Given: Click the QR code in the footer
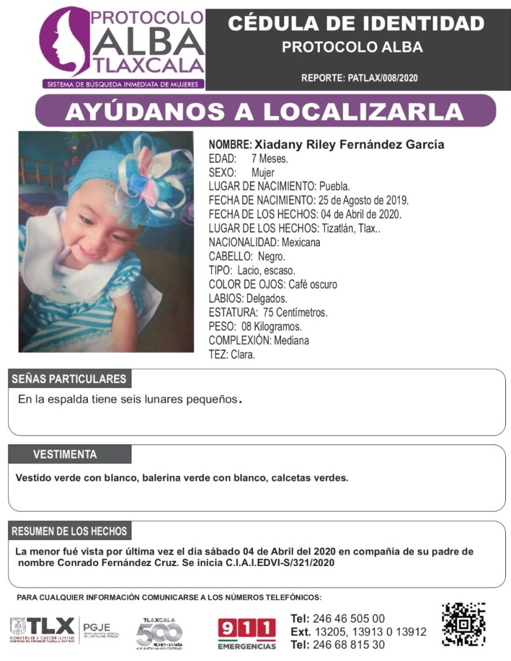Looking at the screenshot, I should pos(463,624).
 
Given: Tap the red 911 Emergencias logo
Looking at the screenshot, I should pos(246,633).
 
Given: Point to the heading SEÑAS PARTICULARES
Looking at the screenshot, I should pos(69,379).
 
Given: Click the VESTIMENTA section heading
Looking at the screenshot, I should pos(65,454).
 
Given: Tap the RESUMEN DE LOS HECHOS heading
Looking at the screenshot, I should pos(69,531).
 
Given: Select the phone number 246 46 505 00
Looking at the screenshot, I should pos(348,618).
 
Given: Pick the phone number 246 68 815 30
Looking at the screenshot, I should pos(348,644).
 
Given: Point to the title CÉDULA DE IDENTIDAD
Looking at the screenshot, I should pos(356,24).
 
